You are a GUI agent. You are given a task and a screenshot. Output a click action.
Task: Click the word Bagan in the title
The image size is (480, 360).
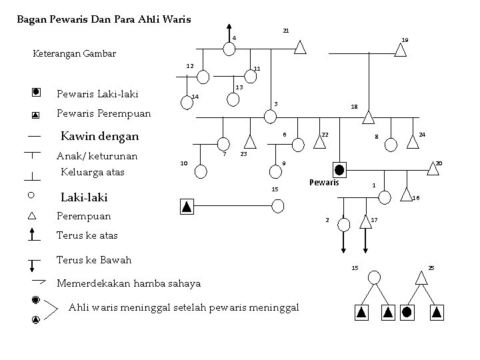point(32,19)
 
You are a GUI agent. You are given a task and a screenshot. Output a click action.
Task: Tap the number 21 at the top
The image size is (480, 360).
point(286,31)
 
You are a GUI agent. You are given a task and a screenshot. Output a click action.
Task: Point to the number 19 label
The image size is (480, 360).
point(405,41)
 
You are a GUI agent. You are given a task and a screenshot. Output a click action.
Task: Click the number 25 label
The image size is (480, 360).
point(431,268)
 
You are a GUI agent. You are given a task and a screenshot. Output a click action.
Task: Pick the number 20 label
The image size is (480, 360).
point(439,163)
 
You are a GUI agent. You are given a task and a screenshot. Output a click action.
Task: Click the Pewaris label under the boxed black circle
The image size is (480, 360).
point(325,183)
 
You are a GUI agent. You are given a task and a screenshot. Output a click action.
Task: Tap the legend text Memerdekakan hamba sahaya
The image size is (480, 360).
point(129,283)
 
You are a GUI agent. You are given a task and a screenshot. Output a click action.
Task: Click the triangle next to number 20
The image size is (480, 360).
point(433,170)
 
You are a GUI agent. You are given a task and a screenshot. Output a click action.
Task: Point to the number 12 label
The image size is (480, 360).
point(190,66)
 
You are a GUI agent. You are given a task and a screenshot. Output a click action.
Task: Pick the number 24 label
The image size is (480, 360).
point(422,135)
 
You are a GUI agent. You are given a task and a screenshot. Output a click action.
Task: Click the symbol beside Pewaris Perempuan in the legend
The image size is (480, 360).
point(35,115)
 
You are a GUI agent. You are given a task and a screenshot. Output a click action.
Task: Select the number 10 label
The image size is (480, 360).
point(184,163)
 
